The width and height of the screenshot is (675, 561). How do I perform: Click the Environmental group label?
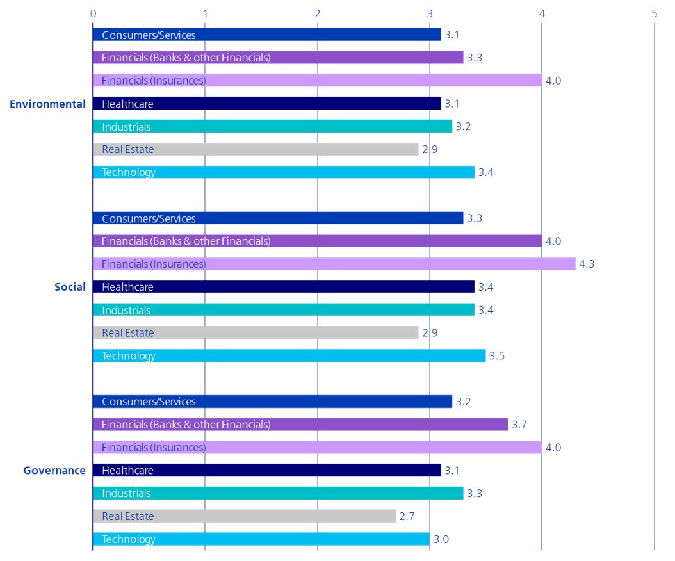point(47,104)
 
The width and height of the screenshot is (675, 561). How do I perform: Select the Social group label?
point(70,287)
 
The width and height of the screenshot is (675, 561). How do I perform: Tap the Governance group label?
point(54,471)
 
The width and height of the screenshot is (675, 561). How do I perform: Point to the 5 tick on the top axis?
point(654,13)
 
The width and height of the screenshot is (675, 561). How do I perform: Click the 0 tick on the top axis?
point(94,13)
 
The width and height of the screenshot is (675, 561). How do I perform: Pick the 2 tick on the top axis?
point(318,13)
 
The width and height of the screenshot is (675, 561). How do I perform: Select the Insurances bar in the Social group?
point(334,264)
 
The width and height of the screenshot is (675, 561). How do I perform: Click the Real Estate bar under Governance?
point(244,516)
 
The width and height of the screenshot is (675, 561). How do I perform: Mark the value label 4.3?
point(586,264)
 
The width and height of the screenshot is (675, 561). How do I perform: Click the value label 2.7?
point(407,516)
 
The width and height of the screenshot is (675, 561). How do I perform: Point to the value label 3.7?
point(519,425)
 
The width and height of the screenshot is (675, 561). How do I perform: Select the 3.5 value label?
point(496,356)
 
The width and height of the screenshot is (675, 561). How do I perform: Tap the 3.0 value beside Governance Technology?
point(441,539)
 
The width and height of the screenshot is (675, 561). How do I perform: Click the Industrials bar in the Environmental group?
point(272,126)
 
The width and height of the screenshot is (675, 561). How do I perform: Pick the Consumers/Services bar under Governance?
point(272,402)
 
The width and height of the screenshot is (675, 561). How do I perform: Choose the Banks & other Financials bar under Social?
point(317,241)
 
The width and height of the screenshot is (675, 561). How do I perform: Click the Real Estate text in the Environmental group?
point(128,149)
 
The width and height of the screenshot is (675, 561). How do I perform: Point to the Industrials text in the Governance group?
point(126,493)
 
